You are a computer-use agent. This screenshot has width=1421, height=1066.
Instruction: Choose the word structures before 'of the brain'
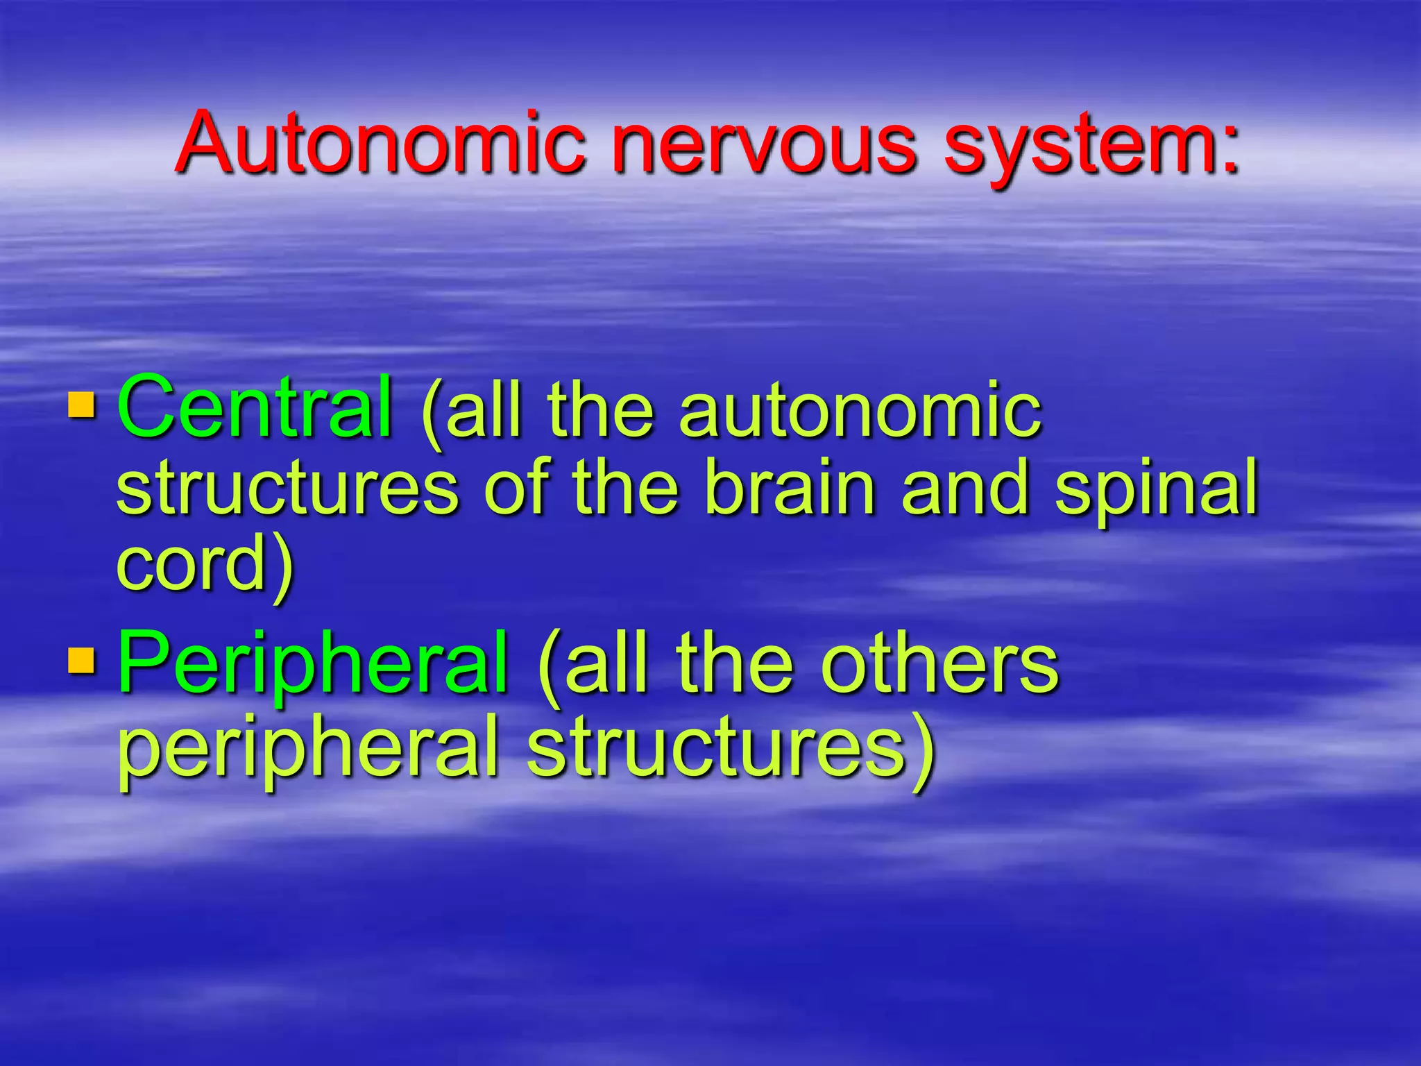287,488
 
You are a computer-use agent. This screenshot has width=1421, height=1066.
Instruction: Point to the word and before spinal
964,488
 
